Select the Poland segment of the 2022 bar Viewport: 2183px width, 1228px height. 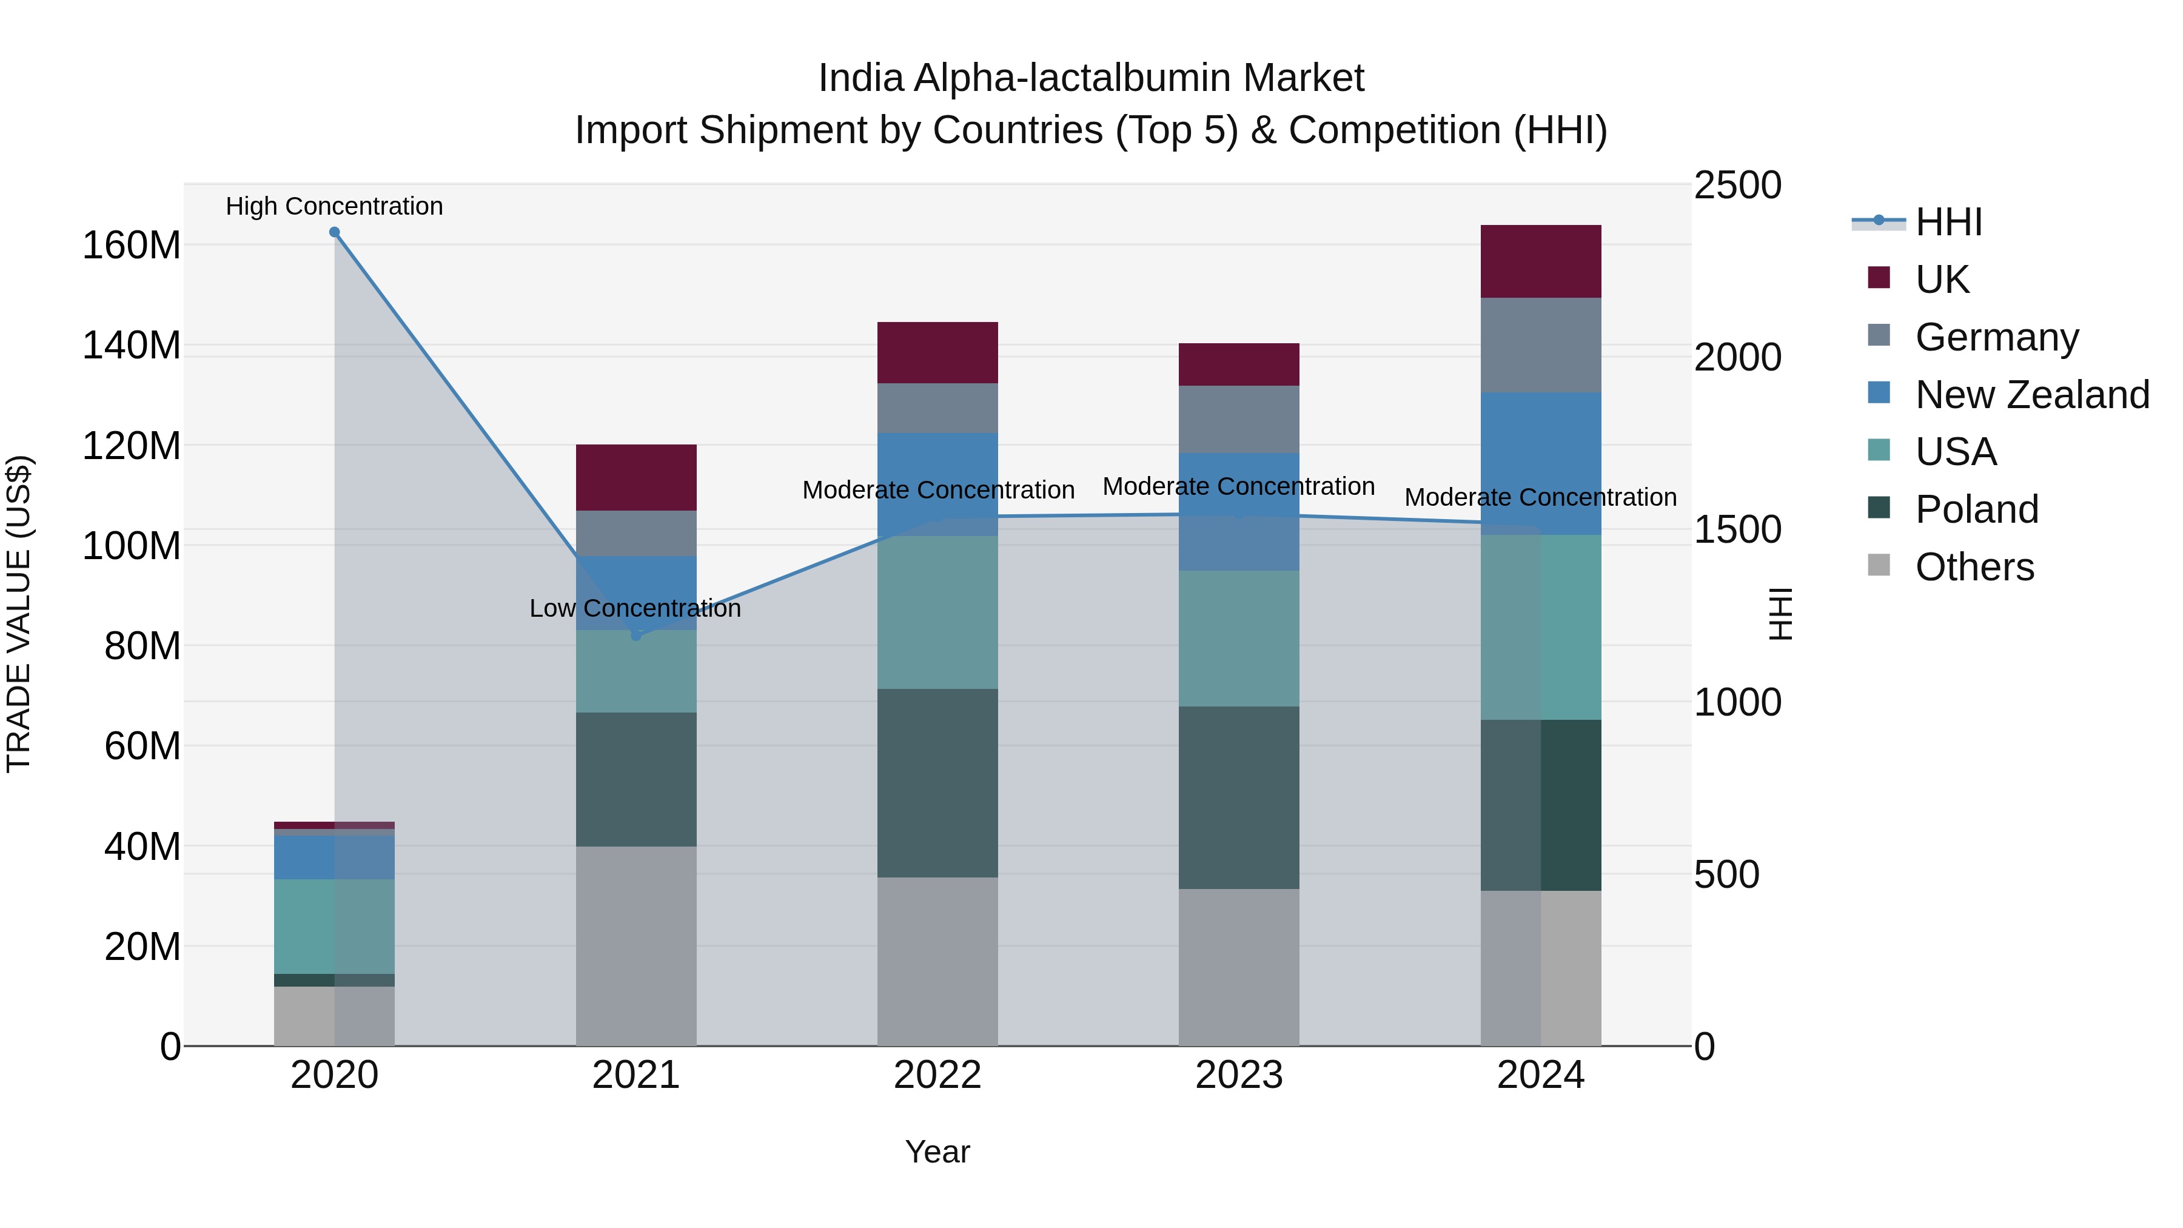pos(937,782)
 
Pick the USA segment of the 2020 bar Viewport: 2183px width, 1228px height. pos(334,925)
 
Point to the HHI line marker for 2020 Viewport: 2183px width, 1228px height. pos(334,232)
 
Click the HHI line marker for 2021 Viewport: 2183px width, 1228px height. pos(637,635)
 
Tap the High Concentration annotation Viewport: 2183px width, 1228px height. pos(334,206)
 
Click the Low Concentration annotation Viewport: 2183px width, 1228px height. pos(635,608)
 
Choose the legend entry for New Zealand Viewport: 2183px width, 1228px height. pos(2031,394)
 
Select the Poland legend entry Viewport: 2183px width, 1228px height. pos(1976,509)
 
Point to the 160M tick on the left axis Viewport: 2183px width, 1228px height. pos(132,246)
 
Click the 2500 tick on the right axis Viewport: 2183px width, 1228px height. pos(1737,186)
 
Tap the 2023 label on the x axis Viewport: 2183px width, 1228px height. pos(1238,1075)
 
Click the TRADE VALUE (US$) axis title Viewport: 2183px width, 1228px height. pos(19,614)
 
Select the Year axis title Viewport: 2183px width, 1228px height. pos(937,1152)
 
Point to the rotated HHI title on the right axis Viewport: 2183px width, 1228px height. pos(1782,614)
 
